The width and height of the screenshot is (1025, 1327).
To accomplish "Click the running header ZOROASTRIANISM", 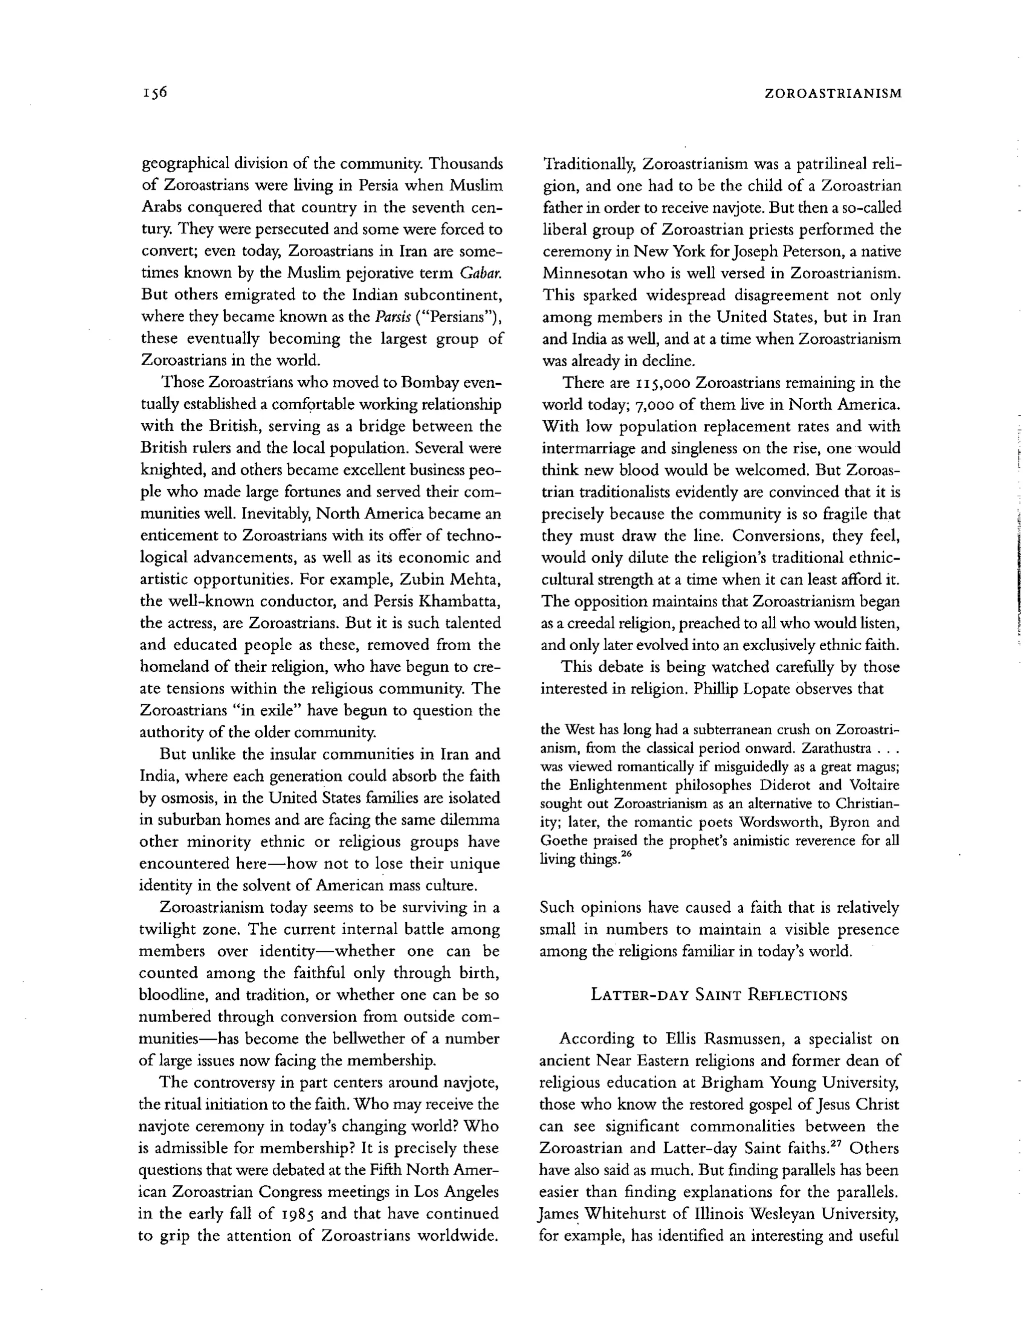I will [832, 94].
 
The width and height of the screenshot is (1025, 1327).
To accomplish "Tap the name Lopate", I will [761, 689].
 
